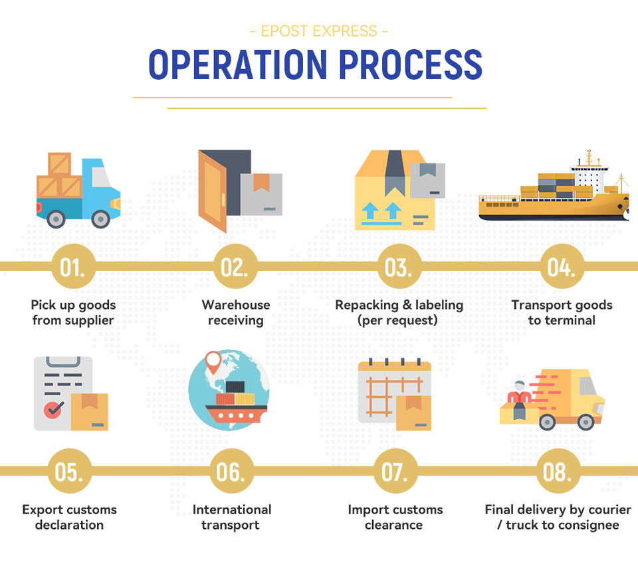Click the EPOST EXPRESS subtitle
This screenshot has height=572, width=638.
pyautogui.click(x=318, y=31)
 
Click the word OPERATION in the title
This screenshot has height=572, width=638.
pyautogui.click(x=237, y=64)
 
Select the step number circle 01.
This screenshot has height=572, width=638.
pyautogui.click(x=73, y=267)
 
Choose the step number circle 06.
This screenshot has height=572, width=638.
pyautogui.click(x=232, y=472)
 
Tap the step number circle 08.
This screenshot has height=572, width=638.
pyautogui.click(x=558, y=472)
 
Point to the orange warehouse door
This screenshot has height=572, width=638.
pyautogui.click(x=213, y=191)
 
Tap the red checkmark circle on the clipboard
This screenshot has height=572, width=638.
pyautogui.click(x=54, y=409)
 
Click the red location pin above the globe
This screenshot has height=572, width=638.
pyautogui.click(x=213, y=362)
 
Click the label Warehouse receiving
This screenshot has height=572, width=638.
pyautogui.click(x=236, y=312)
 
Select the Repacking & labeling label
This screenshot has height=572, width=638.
pyautogui.click(x=399, y=312)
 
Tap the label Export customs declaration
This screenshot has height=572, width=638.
pyautogui.click(x=69, y=517)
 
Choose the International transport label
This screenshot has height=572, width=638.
pyautogui.click(x=232, y=517)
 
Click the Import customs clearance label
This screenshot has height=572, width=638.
pyautogui.click(x=395, y=517)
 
